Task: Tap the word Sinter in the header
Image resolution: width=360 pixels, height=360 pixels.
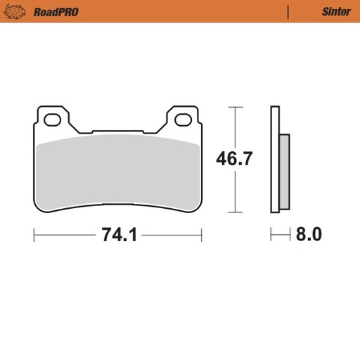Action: (336, 11)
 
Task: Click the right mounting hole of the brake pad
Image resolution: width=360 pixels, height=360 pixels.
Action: (184, 120)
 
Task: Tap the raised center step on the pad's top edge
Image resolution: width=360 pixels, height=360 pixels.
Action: (117, 130)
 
